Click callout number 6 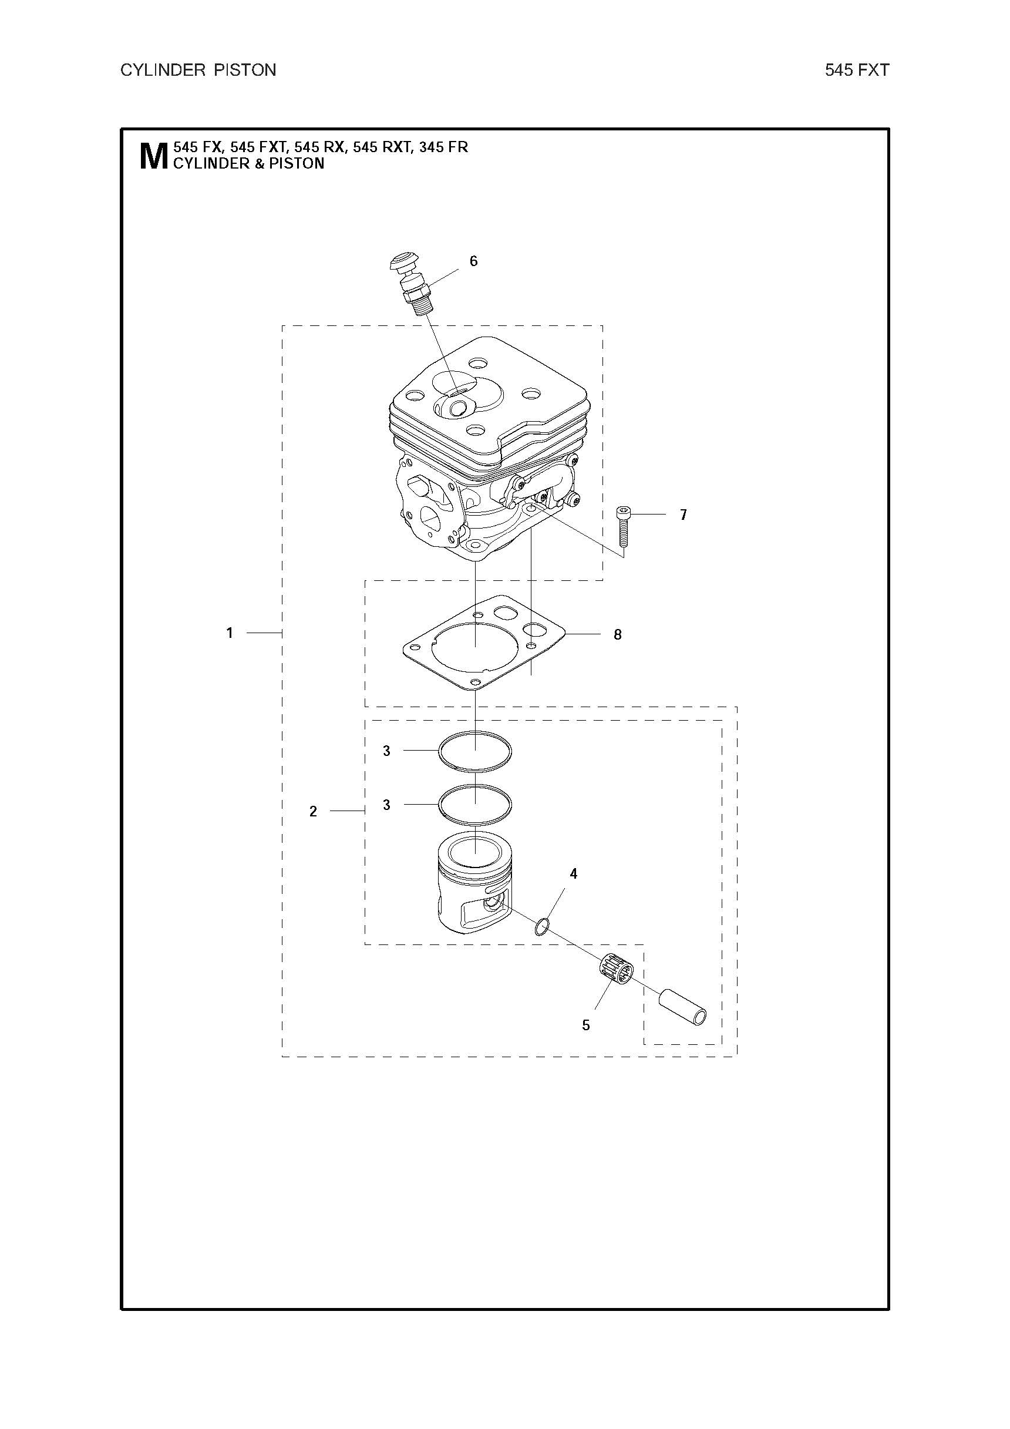tap(473, 261)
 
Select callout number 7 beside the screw tap(684, 515)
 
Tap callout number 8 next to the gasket tap(617, 635)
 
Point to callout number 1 tap(230, 633)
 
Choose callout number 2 tap(313, 812)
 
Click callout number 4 tap(573, 874)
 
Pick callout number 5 tap(585, 1025)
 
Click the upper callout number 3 tap(386, 751)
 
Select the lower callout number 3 tap(386, 805)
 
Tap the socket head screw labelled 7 tap(624, 526)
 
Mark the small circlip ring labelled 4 tap(541, 926)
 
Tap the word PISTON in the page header tap(245, 70)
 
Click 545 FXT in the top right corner tap(857, 70)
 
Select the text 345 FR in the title tap(444, 147)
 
